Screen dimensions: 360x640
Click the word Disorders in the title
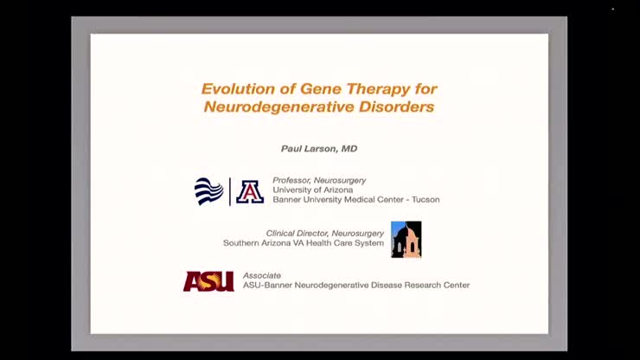[x=398, y=107]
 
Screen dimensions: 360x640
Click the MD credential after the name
[x=349, y=149]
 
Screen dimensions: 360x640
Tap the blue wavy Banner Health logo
[x=208, y=191]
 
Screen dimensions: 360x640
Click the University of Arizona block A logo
[x=250, y=191]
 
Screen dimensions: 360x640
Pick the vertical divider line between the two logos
[x=230, y=191]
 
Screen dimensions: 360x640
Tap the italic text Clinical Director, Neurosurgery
[x=325, y=233]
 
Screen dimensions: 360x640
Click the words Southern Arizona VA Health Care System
[x=303, y=243]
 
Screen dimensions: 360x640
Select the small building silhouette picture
[x=406, y=239]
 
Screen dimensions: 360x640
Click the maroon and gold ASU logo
[x=208, y=281]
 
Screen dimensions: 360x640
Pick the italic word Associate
[x=261, y=275]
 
